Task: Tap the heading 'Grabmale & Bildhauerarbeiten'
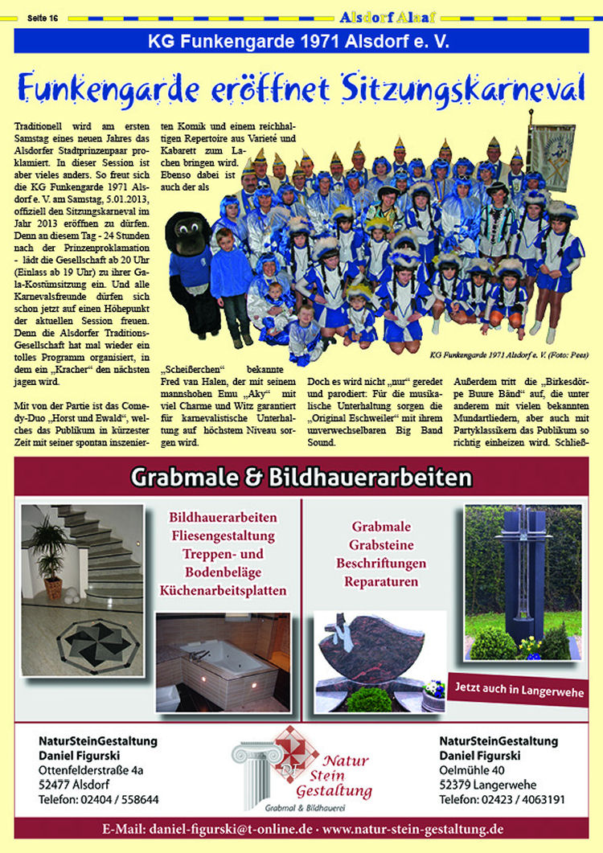(301, 478)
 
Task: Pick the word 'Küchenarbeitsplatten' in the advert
(224, 591)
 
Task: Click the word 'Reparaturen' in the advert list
(381, 581)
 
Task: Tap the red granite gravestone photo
(369, 655)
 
